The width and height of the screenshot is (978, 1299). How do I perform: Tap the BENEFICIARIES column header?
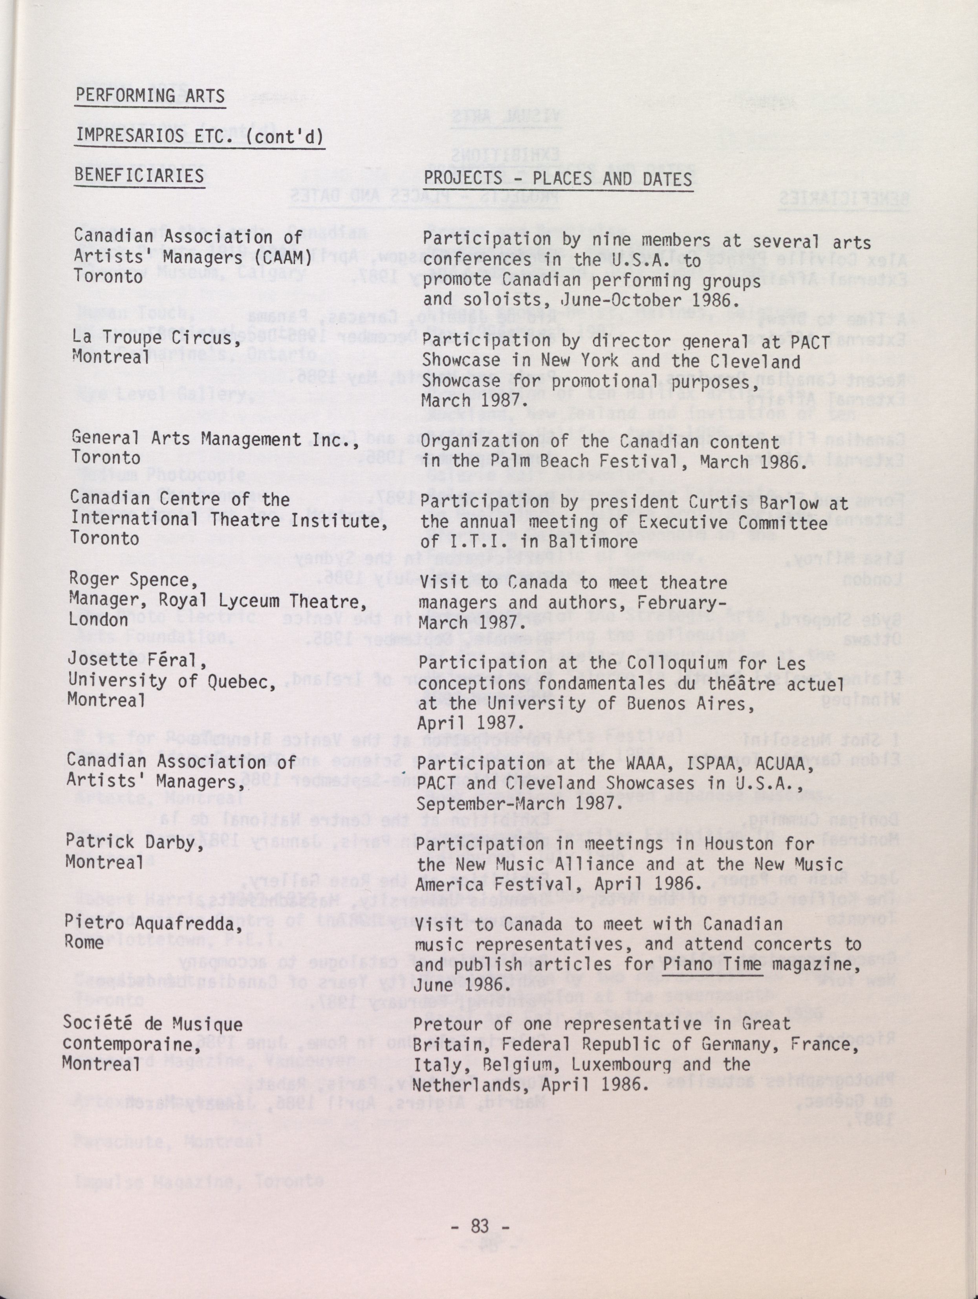click(139, 175)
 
